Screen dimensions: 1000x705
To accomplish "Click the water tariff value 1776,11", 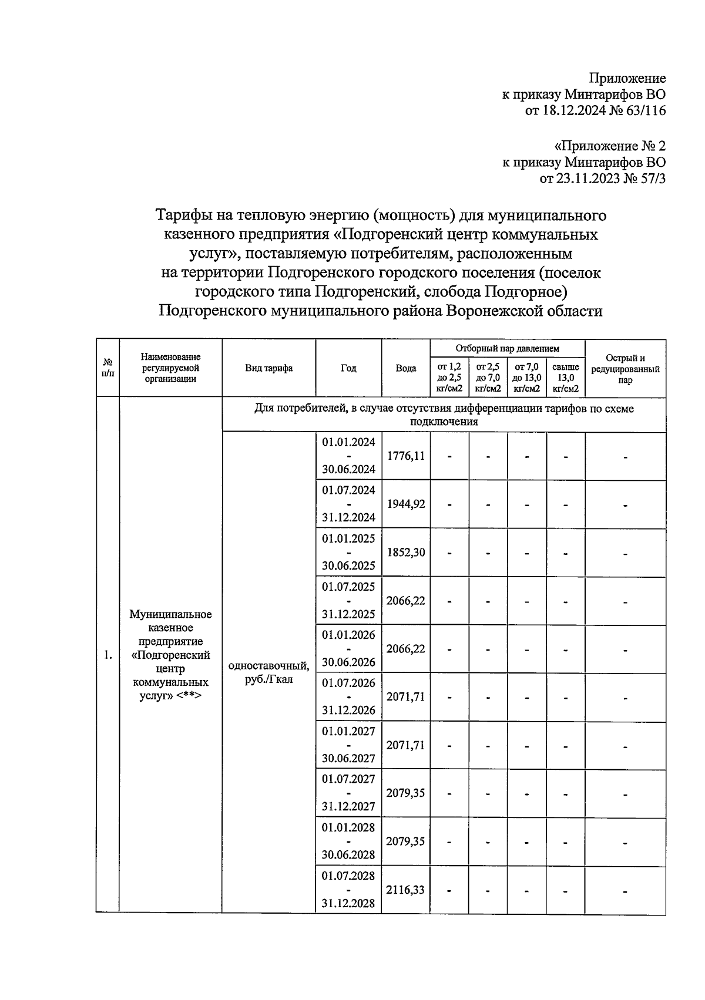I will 405,456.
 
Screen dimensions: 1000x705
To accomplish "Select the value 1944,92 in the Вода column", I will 405,504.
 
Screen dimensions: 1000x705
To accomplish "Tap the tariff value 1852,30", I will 405,553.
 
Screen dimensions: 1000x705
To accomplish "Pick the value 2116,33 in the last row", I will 405,890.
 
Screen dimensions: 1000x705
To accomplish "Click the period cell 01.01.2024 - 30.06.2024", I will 348,456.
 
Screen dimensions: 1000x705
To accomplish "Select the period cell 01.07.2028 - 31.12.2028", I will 348,890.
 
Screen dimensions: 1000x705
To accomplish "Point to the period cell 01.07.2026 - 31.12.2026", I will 348,697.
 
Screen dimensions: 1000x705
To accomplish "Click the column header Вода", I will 405,369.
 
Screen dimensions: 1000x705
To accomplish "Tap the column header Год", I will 348,369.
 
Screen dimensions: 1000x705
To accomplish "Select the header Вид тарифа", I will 268,369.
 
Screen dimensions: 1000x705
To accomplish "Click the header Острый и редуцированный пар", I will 625,369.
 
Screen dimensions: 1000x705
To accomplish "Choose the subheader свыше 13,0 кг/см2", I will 566,378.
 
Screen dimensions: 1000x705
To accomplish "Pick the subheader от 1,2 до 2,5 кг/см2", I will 449,378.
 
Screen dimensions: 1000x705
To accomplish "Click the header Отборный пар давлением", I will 507,349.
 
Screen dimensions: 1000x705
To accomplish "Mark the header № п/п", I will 108,369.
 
